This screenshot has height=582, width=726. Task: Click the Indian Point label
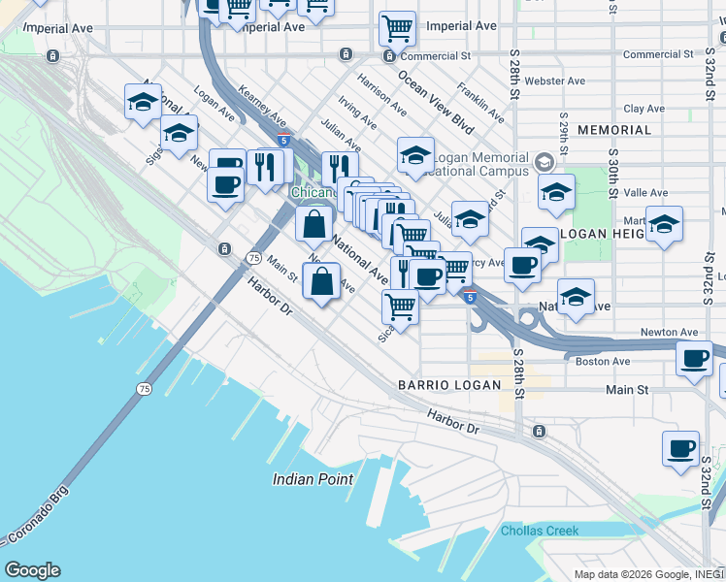[313, 479]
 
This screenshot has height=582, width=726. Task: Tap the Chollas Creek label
[540, 531]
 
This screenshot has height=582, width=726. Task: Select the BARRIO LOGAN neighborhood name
[449, 385]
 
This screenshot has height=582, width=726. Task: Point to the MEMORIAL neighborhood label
[614, 130]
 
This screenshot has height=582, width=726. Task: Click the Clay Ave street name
[645, 110]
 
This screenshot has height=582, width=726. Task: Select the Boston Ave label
[604, 362]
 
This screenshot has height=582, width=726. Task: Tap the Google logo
[32, 570]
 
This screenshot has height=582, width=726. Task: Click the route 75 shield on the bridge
[145, 389]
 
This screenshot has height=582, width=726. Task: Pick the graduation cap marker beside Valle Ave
[556, 193]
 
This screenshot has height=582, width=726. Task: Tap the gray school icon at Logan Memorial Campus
[544, 160]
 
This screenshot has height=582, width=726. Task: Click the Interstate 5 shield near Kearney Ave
[282, 141]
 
